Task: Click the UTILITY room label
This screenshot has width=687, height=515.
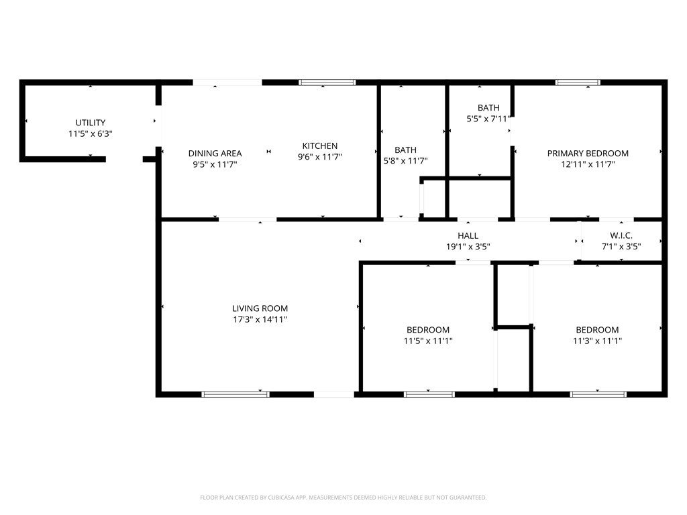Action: pos(90,123)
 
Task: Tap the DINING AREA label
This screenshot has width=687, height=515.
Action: pos(215,154)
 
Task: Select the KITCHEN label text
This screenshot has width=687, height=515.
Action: pos(320,146)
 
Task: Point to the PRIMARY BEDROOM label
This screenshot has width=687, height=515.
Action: pos(588,154)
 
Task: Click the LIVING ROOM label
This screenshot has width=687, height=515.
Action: pos(260,308)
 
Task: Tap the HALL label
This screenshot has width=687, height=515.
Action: pos(468,236)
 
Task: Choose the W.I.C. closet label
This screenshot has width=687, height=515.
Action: pos(621,236)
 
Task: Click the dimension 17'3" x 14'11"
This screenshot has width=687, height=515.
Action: pos(260,320)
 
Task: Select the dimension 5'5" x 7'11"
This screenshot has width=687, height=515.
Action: pos(488,119)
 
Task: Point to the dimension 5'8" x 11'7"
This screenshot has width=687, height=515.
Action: pos(405,161)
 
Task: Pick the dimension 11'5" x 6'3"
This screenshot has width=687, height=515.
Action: pos(90,133)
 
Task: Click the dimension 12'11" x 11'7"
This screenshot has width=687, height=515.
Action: pos(588,164)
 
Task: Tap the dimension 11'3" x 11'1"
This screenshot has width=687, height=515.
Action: pos(597,341)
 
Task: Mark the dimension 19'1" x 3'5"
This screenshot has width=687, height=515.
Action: pos(468,247)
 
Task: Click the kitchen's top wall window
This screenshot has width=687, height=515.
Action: pos(327,82)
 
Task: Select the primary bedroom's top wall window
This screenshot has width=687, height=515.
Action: pos(577,82)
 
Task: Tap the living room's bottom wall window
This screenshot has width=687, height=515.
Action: pos(235,394)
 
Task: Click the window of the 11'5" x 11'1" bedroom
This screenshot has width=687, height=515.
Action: pos(424,394)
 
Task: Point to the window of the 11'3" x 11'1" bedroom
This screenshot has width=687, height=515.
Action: pos(598,394)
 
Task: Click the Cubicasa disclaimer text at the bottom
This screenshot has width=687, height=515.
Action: pos(343,498)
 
